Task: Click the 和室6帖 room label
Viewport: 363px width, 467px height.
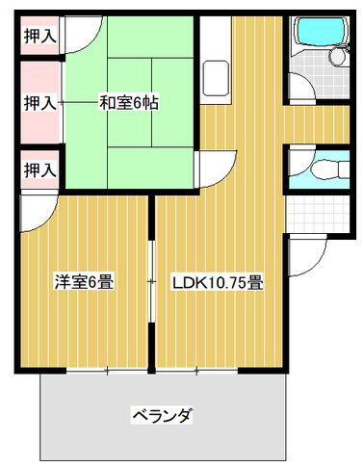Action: pyautogui.click(x=128, y=103)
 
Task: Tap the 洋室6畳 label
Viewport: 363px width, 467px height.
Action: pyautogui.click(x=84, y=282)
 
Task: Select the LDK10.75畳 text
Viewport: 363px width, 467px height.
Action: pyautogui.click(x=218, y=283)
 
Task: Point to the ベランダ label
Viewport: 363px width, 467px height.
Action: pyautogui.click(x=162, y=416)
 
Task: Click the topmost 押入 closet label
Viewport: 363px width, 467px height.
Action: pyautogui.click(x=39, y=36)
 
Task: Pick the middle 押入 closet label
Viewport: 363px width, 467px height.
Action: pyautogui.click(x=39, y=103)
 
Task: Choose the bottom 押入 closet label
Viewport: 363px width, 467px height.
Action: pyautogui.click(x=39, y=169)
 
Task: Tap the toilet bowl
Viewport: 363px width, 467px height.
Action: pyautogui.click(x=324, y=168)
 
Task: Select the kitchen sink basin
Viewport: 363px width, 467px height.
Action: pyautogui.click(x=216, y=78)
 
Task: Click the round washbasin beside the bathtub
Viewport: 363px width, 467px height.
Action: pyautogui.click(x=337, y=57)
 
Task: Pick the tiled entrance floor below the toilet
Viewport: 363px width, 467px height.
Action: pyautogui.click(x=318, y=214)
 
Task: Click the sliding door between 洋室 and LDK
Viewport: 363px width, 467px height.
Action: pyautogui.click(x=151, y=281)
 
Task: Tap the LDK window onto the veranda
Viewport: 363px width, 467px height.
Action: pyautogui.click(x=196, y=371)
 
